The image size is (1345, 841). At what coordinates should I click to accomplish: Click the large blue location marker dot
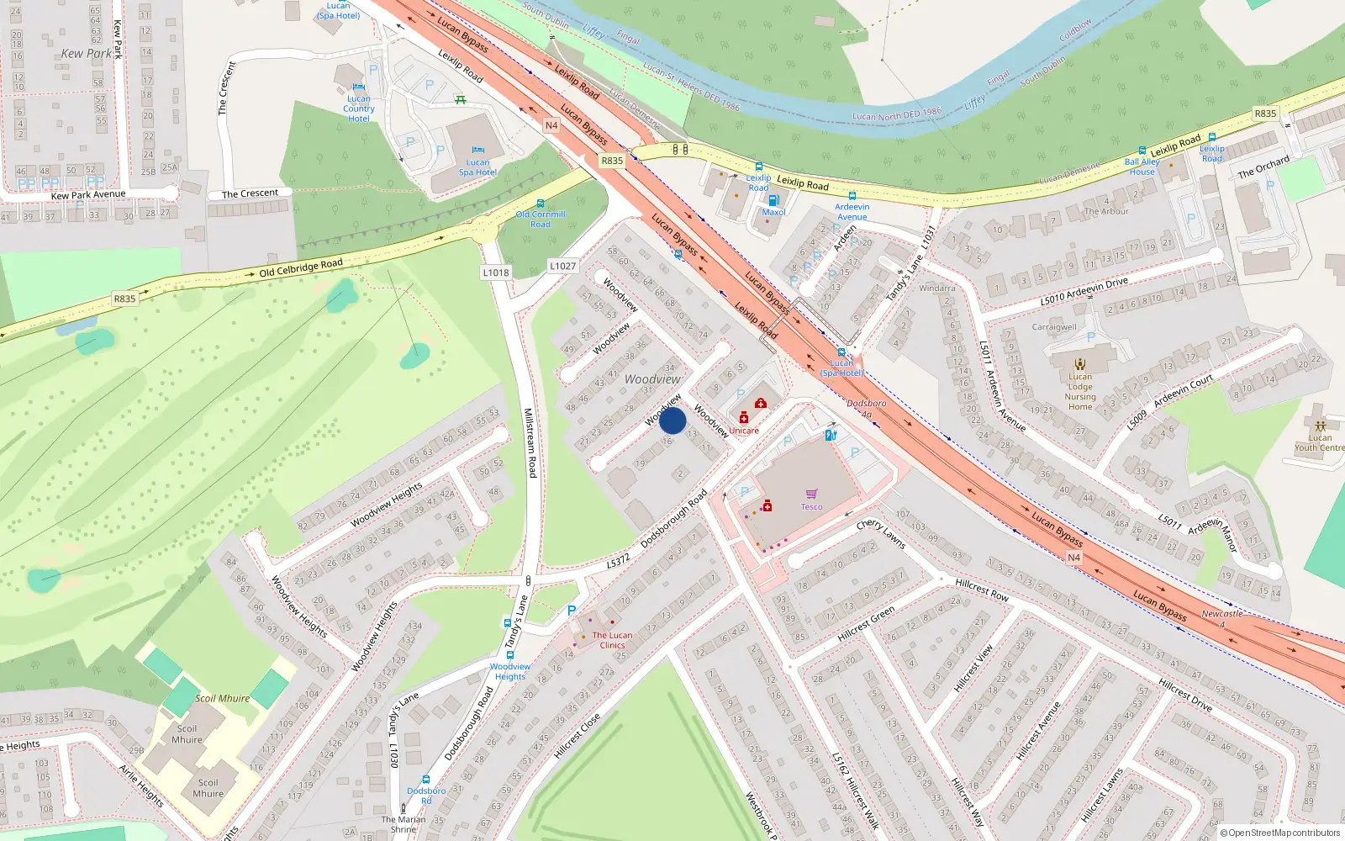click(x=672, y=420)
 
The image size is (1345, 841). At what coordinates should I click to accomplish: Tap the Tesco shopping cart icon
click(x=811, y=494)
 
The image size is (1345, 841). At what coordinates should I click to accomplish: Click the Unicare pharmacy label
click(x=743, y=431)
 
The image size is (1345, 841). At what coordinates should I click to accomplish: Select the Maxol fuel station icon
click(x=773, y=200)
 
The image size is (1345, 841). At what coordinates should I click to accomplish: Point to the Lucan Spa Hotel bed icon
click(x=477, y=151)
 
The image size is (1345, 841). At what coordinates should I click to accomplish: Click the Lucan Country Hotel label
click(x=358, y=108)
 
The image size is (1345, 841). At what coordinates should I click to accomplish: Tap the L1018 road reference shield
click(x=496, y=272)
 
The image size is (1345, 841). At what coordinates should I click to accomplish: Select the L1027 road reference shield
click(x=563, y=266)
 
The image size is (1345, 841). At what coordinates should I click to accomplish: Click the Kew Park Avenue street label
click(x=88, y=195)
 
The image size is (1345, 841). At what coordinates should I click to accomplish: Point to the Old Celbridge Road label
click(x=300, y=268)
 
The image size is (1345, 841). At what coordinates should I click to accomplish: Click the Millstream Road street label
click(x=530, y=443)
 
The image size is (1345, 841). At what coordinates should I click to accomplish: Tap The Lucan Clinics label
click(x=612, y=640)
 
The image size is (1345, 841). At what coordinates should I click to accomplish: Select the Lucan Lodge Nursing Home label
click(x=1080, y=392)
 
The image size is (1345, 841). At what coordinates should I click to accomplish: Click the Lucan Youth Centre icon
click(x=1320, y=426)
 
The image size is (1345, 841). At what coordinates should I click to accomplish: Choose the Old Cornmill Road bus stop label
click(x=541, y=220)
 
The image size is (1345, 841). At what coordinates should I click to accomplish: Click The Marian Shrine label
click(x=403, y=824)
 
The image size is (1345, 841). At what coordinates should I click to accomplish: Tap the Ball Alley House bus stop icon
click(x=1142, y=151)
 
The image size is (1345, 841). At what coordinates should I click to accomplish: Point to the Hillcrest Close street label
click(x=578, y=736)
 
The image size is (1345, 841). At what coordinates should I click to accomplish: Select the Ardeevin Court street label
click(x=1183, y=392)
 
